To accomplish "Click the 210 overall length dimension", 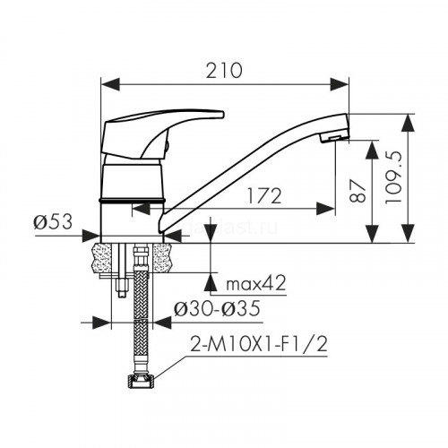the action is [224, 71].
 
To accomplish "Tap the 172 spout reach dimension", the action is [264, 196].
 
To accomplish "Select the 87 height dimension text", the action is [358, 191].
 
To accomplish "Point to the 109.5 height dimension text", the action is [393, 177].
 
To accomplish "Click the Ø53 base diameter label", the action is [53, 222].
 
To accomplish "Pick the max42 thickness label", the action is [256, 283].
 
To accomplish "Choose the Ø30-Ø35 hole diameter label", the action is [217, 308].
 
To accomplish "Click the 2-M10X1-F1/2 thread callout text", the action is [259, 344].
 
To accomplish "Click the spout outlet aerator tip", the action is [334, 137].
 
